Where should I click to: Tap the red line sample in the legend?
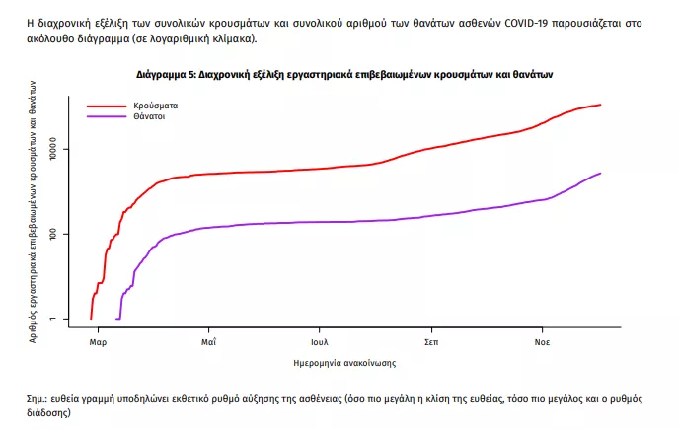[x=107, y=105]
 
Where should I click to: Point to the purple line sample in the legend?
[x=107, y=116]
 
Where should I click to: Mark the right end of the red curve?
[x=600, y=105]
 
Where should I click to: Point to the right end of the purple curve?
[x=600, y=174]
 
